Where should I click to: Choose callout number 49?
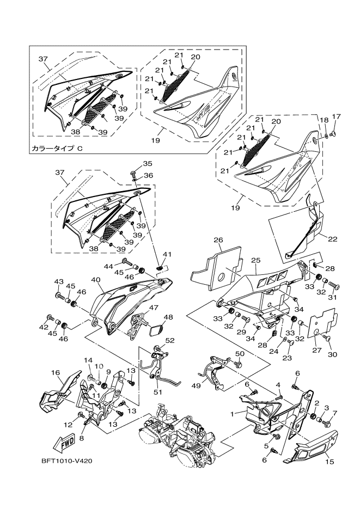(197, 385)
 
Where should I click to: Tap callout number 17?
(335, 116)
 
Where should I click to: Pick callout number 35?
(132, 163)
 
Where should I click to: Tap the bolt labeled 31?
(334, 286)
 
